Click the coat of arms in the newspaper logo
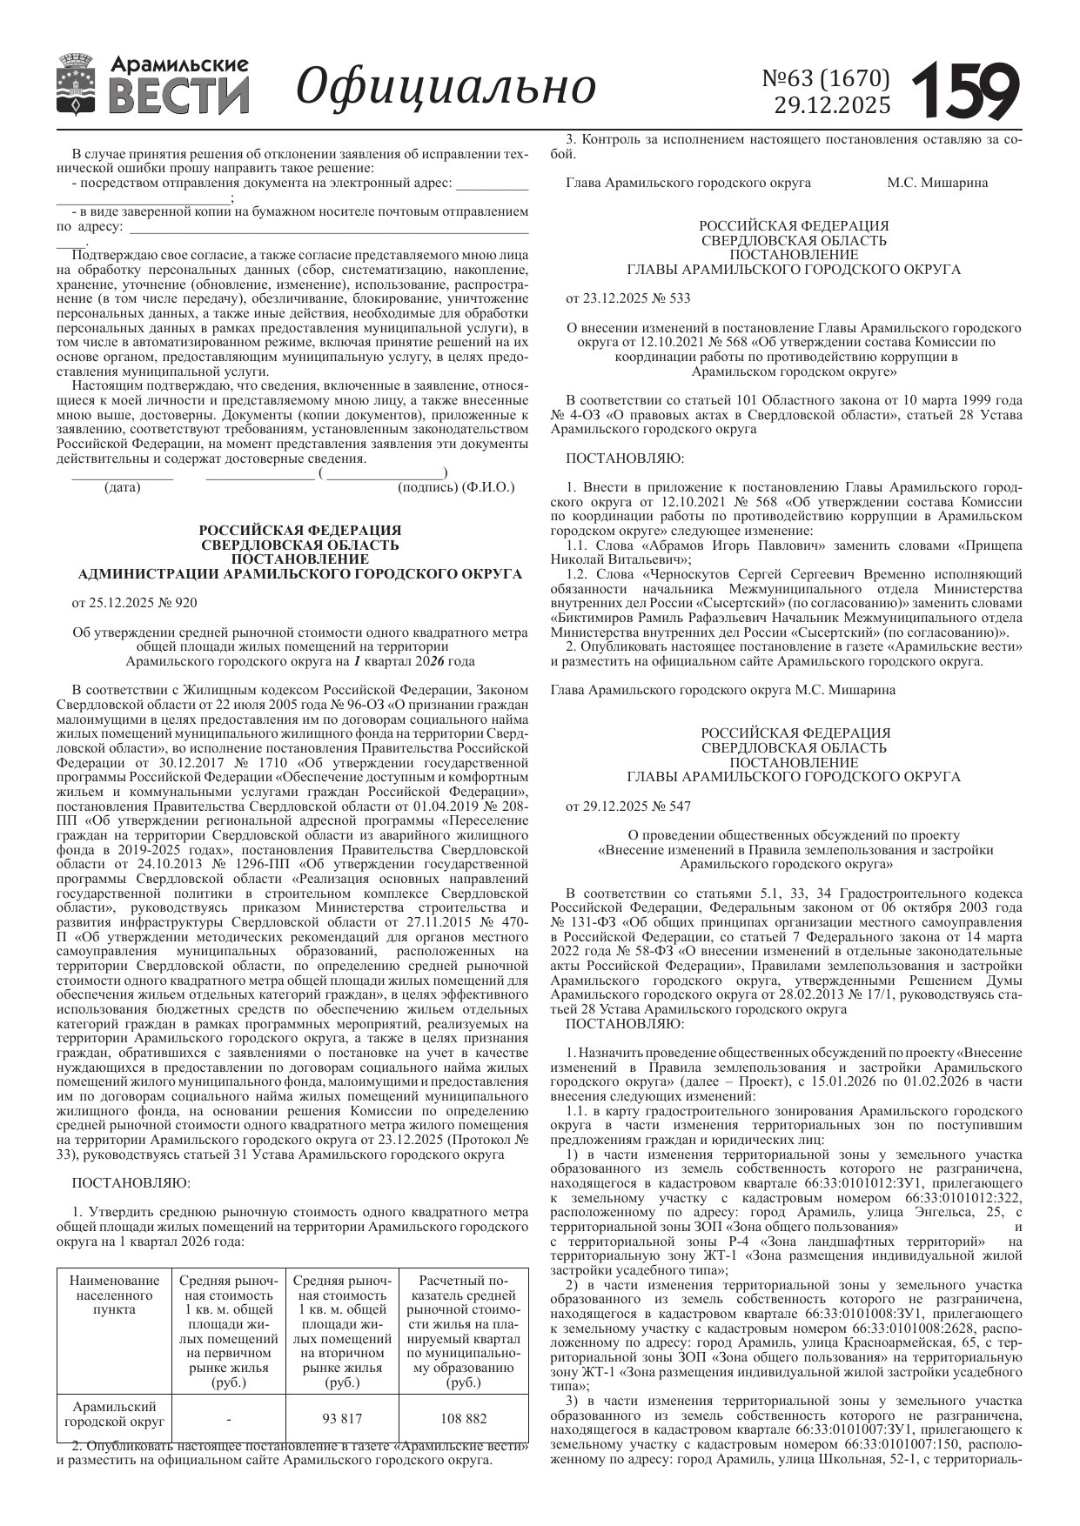click(77, 85)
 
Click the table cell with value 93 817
click(342, 1418)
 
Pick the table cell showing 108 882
click(463, 1418)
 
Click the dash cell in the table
click(228, 1418)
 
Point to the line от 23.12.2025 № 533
click(627, 298)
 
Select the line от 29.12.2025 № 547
click(627, 806)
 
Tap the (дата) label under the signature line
click(122, 487)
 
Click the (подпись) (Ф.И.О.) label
click(455, 487)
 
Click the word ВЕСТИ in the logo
click(179, 97)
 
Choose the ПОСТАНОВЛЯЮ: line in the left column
click(131, 1182)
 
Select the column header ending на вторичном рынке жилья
click(342, 1331)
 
